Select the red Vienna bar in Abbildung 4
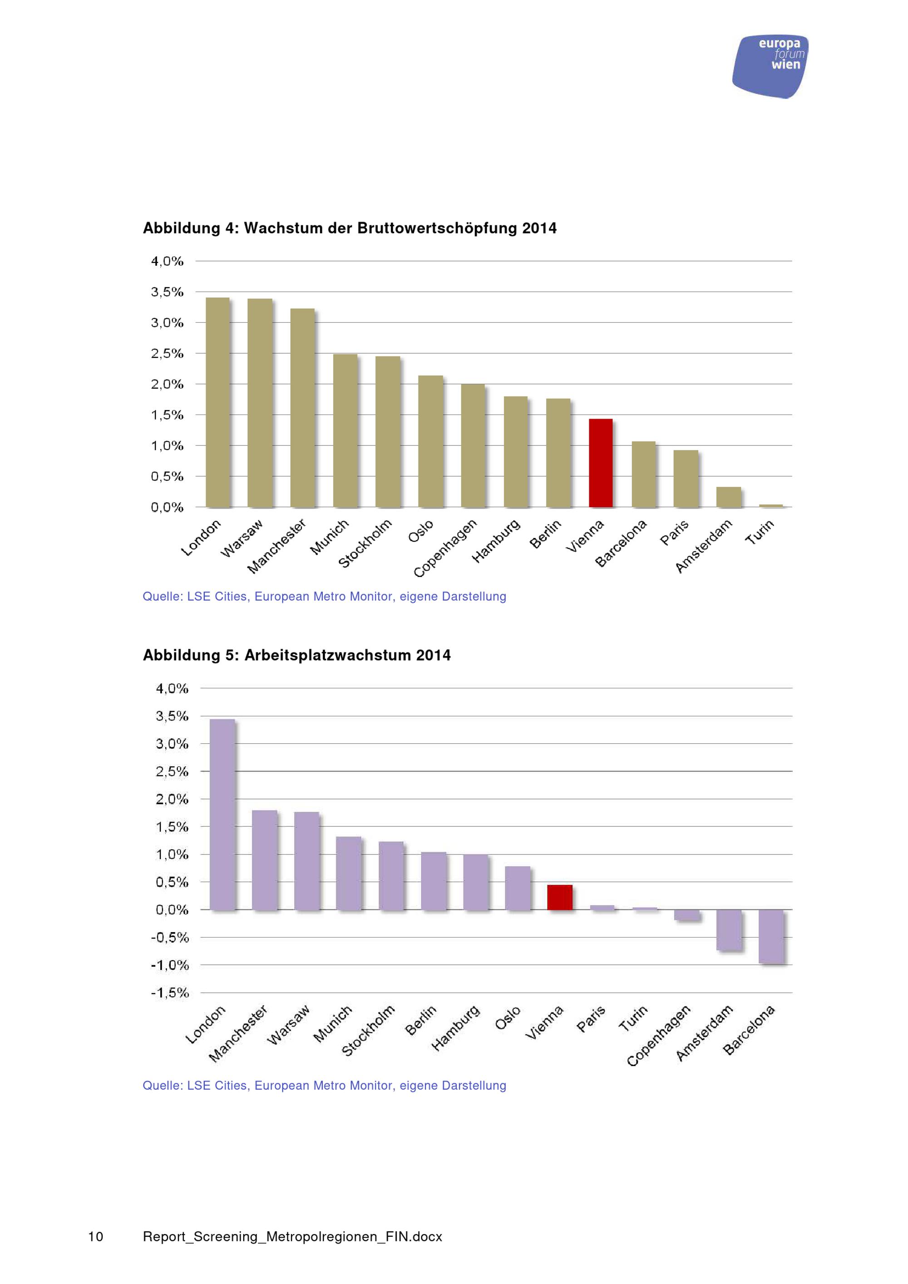point(601,463)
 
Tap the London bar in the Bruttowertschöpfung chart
point(217,403)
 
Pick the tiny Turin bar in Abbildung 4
point(771,505)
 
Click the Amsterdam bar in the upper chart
point(729,497)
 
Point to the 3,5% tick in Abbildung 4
point(167,292)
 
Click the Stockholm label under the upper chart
point(365,543)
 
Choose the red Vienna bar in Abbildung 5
point(560,898)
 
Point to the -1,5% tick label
point(170,993)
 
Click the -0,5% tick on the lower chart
point(170,937)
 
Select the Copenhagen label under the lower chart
point(659,1036)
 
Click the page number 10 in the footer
point(96,1236)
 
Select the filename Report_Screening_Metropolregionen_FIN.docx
point(292,1236)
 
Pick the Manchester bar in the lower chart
point(265,860)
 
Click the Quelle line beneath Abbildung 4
point(324,596)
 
